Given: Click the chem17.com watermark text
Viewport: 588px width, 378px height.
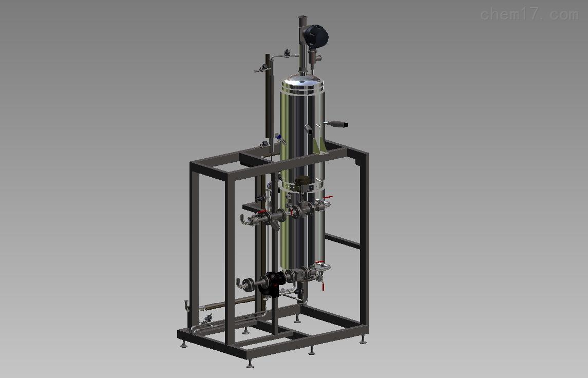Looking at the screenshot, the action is [529, 15].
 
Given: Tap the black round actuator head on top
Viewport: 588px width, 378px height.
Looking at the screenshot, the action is [316, 36].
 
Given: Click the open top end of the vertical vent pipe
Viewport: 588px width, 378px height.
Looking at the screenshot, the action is [302, 17].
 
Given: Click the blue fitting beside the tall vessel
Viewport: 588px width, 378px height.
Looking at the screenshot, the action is [278, 137].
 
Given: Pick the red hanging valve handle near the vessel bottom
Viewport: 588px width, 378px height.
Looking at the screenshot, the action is [323, 287].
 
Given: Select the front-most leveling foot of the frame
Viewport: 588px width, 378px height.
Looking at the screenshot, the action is [250, 364].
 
